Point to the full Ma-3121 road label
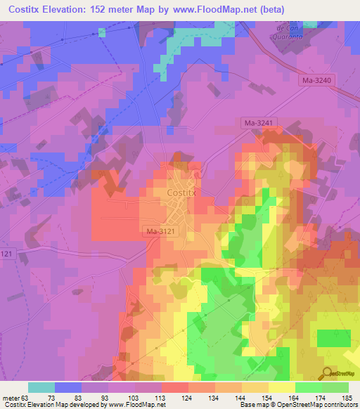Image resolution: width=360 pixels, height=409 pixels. pyautogui.click(x=161, y=231)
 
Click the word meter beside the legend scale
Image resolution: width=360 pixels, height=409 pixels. pyautogui.click(x=13, y=397)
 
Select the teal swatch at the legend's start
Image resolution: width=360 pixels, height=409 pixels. pyautogui.click(x=41, y=387)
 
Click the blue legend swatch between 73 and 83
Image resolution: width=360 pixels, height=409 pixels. pyautogui.click(x=68, y=387)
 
